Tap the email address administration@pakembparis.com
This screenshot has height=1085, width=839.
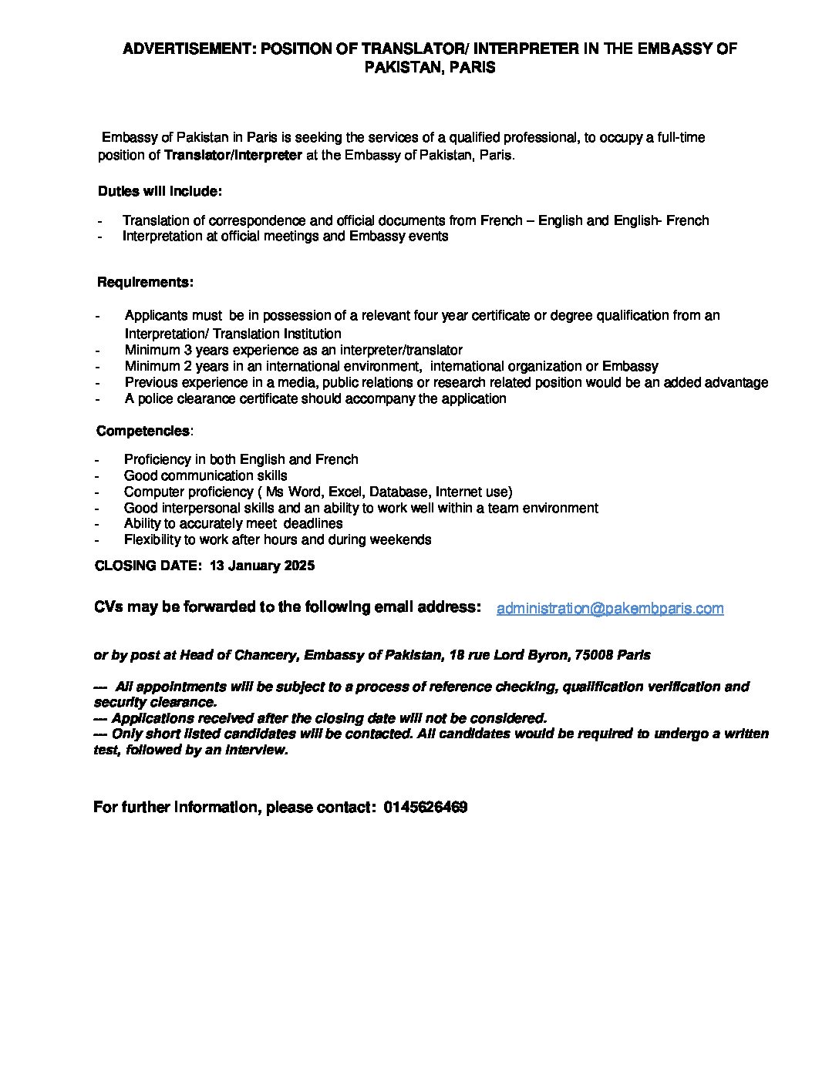click(x=610, y=609)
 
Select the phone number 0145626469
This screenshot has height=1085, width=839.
click(x=425, y=808)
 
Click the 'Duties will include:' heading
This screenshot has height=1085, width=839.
click(x=160, y=191)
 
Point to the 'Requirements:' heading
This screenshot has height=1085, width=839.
click(x=145, y=282)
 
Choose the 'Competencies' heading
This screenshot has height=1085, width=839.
click(x=143, y=431)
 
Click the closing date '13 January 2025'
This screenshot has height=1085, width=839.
click(x=261, y=566)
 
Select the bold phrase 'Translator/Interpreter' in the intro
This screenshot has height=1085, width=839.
click(x=233, y=155)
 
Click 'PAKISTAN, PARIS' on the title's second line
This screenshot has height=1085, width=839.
click(x=430, y=68)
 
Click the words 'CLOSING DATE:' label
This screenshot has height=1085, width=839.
click(x=146, y=566)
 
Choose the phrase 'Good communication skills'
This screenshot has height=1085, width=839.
click(x=205, y=475)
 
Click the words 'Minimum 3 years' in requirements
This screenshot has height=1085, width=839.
click(x=171, y=350)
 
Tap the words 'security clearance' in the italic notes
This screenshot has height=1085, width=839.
click(x=154, y=702)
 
